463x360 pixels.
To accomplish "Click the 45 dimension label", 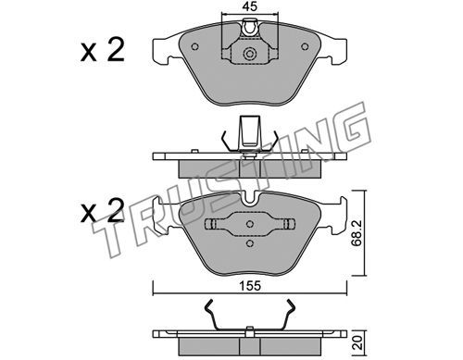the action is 250,6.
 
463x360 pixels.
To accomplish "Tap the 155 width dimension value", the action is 250,286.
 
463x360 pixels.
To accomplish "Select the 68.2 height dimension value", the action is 357,232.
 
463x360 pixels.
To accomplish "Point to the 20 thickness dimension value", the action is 357,342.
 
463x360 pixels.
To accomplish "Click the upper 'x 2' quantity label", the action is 103,49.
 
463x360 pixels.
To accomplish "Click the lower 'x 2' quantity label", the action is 103,210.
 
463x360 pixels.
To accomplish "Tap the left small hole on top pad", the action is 194,46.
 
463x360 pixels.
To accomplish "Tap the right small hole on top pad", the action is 305,46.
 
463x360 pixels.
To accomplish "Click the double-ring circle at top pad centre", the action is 250,54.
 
